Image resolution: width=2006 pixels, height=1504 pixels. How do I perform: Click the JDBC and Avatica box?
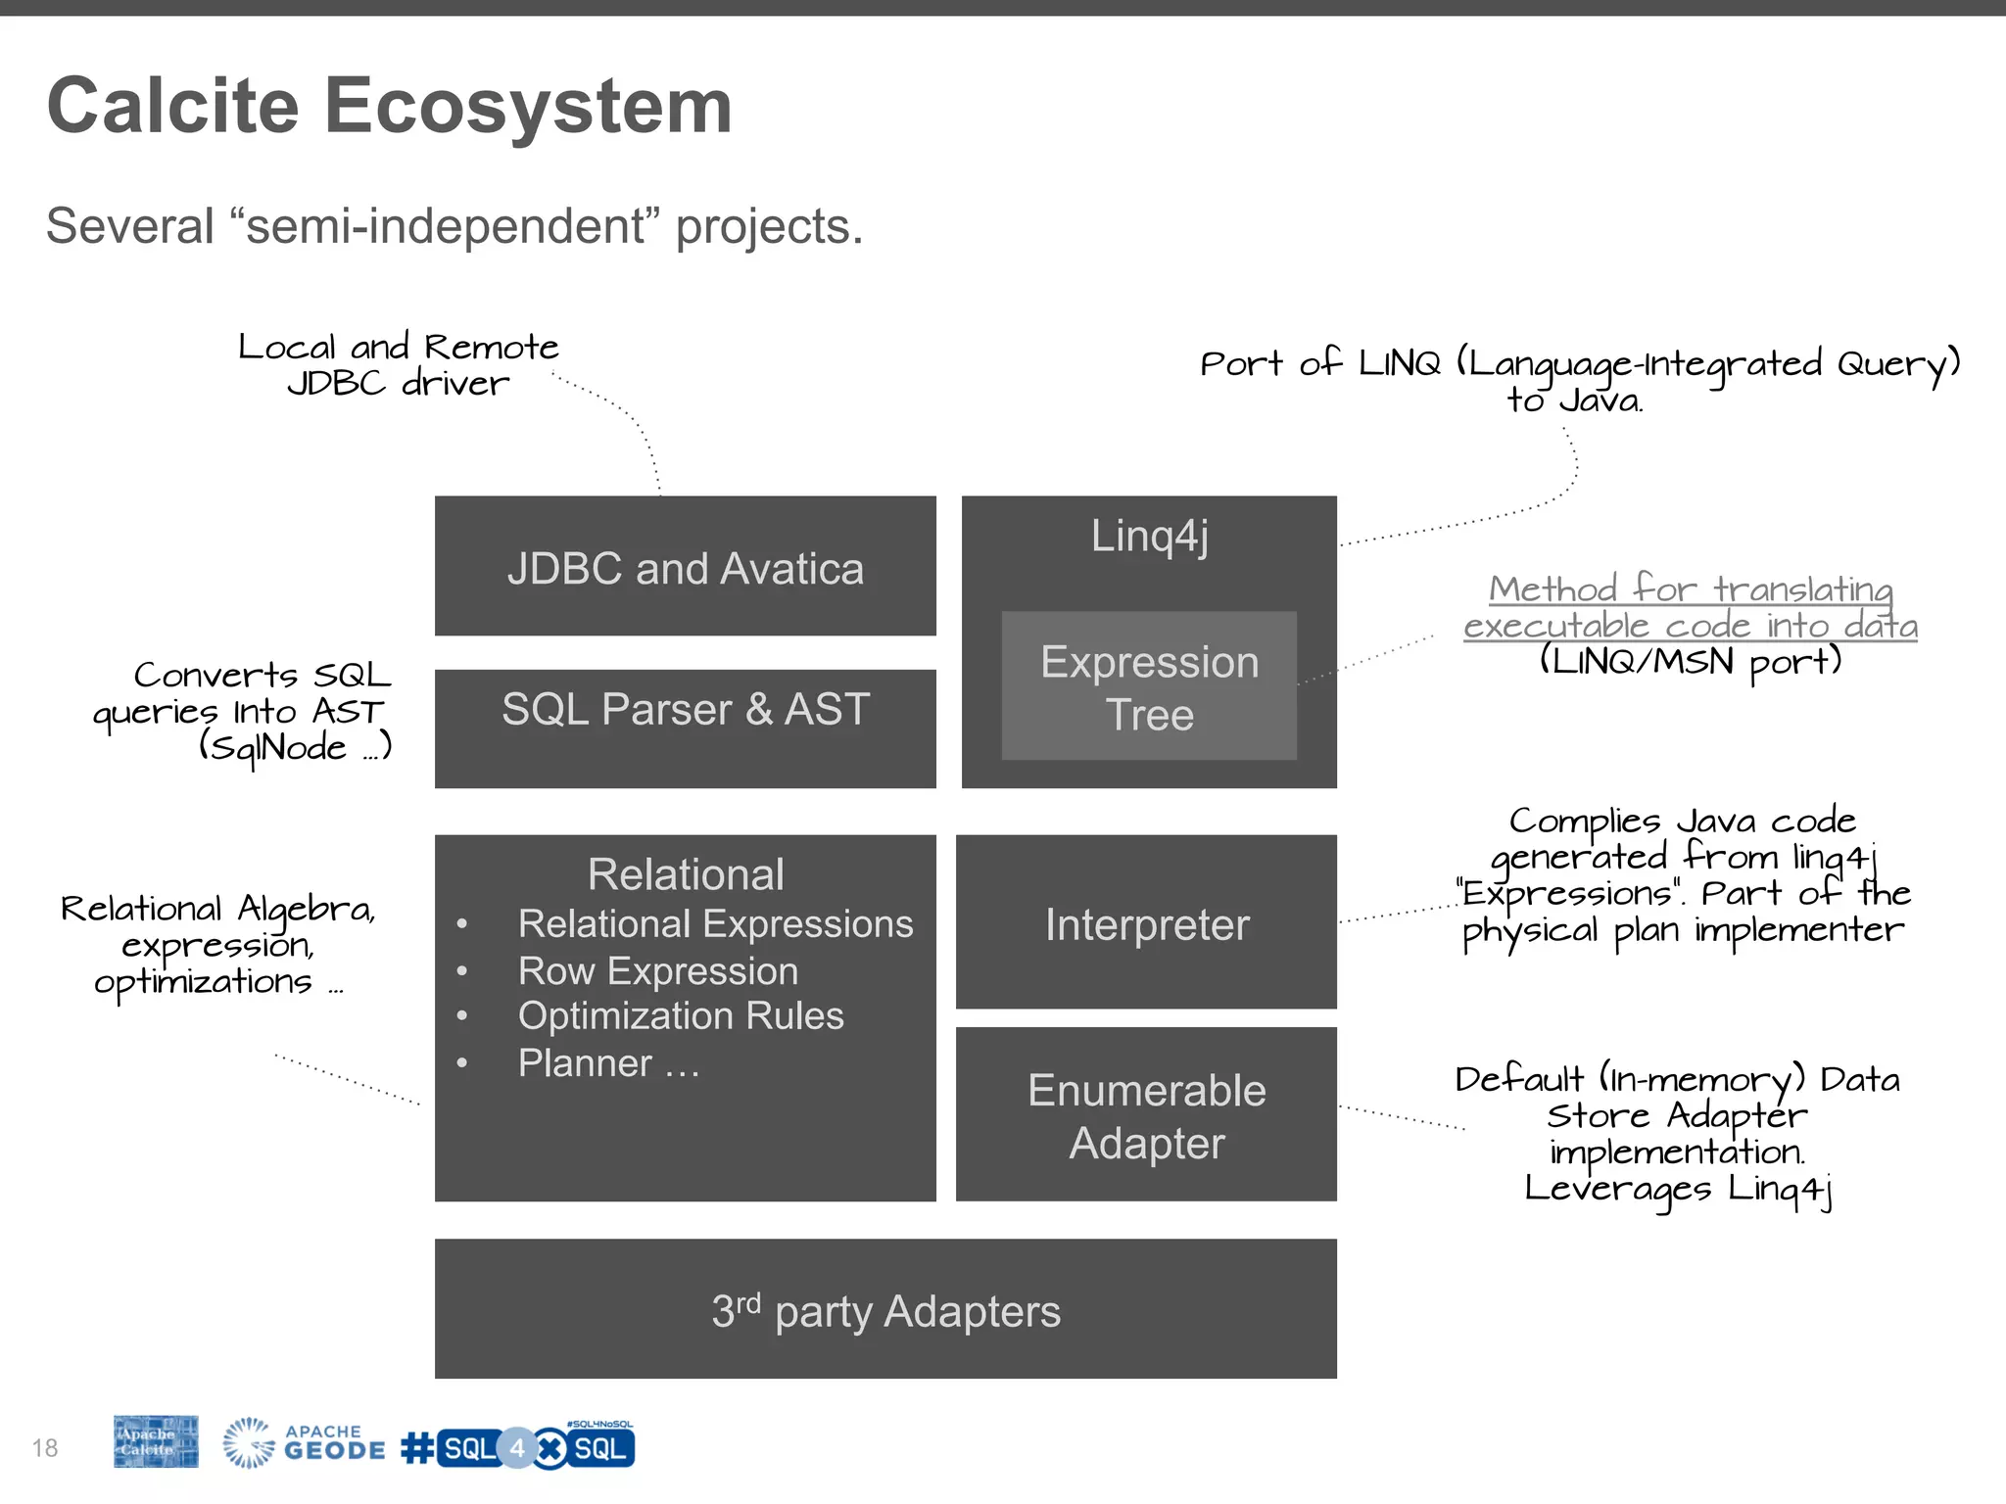[x=685, y=567]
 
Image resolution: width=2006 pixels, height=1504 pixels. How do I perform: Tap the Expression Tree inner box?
[x=1148, y=686]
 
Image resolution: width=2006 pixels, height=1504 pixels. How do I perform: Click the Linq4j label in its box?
[x=1149, y=537]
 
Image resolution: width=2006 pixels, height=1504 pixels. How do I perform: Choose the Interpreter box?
[x=1146, y=923]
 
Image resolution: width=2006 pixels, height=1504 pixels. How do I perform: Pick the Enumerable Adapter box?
[x=1146, y=1115]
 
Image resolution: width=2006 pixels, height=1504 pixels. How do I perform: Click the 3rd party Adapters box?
[x=885, y=1309]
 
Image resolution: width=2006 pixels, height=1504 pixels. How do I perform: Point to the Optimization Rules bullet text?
[x=680, y=1016]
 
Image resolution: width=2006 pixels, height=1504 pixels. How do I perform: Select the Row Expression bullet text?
[x=657, y=971]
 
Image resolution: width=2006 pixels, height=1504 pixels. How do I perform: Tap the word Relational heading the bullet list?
[x=685, y=874]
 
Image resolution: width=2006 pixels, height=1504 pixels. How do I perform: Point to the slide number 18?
[x=45, y=1447]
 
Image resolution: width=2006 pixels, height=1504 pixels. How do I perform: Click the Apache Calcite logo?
[x=155, y=1441]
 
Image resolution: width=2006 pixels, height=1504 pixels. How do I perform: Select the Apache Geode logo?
[x=304, y=1443]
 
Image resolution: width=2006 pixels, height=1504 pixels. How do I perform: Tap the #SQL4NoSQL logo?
[x=519, y=1447]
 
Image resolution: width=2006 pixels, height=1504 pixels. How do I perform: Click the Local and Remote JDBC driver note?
[x=398, y=364]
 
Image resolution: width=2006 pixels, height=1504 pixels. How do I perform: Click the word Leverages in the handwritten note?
[x=1617, y=1189]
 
